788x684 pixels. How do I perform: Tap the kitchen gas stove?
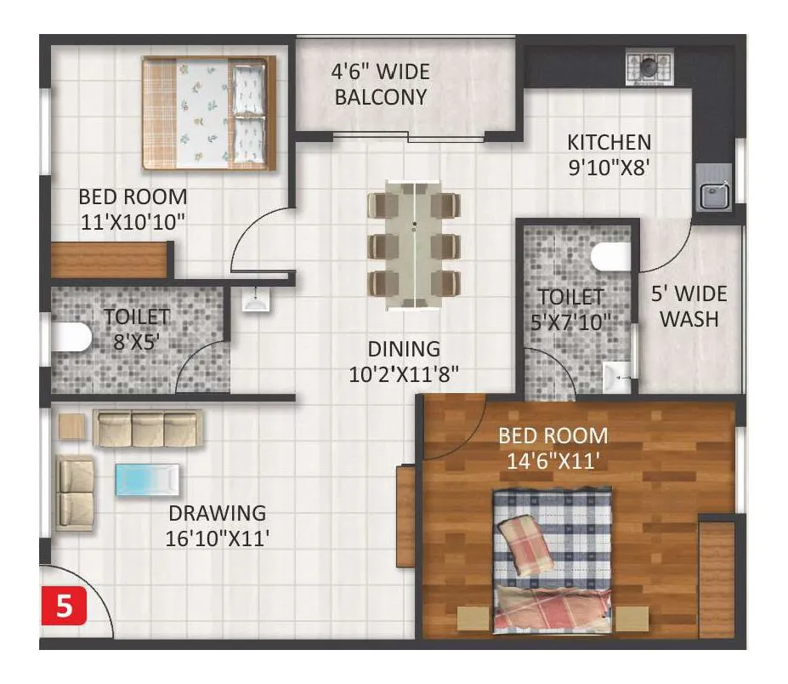[649, 66]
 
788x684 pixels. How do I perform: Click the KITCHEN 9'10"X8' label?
[609, 155]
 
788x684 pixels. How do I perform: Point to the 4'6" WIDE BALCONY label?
[380, 84]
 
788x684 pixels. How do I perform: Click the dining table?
[414, 245]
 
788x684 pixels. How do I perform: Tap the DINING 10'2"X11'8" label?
[405, 362]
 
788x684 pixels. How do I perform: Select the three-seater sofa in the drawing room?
[147, 429]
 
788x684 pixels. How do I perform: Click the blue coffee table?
[147, 479]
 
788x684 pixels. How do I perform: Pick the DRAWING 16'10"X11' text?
[218, 526]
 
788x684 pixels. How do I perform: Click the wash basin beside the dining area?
[256, 299]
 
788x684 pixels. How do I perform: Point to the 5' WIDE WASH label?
[689, 307]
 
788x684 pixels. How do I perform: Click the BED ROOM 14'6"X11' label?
[553, 448]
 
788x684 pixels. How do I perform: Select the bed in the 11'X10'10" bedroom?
[208, 113]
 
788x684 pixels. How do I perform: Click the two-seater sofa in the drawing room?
[76, 493]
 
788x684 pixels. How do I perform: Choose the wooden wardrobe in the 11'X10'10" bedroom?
[108, 260]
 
